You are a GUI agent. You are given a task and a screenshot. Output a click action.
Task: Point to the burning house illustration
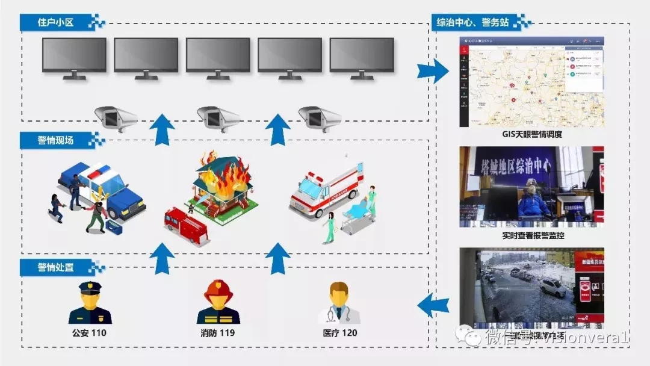coord(220,184)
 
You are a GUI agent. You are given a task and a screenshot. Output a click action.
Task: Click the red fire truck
coord(185,224)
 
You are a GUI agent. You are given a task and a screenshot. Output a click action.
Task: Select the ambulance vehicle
coord(322,188)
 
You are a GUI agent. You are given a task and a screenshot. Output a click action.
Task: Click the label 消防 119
coord(218,333)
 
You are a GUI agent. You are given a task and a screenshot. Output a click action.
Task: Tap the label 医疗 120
coord(341,333)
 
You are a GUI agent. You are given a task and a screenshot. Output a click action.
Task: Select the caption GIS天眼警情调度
coord(532,135)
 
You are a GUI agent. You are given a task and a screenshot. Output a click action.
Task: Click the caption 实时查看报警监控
coord(532,235)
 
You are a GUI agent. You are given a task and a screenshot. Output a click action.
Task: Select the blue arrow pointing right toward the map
coord(433,71)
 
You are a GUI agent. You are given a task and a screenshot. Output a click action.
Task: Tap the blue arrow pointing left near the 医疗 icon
coord(433,305)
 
